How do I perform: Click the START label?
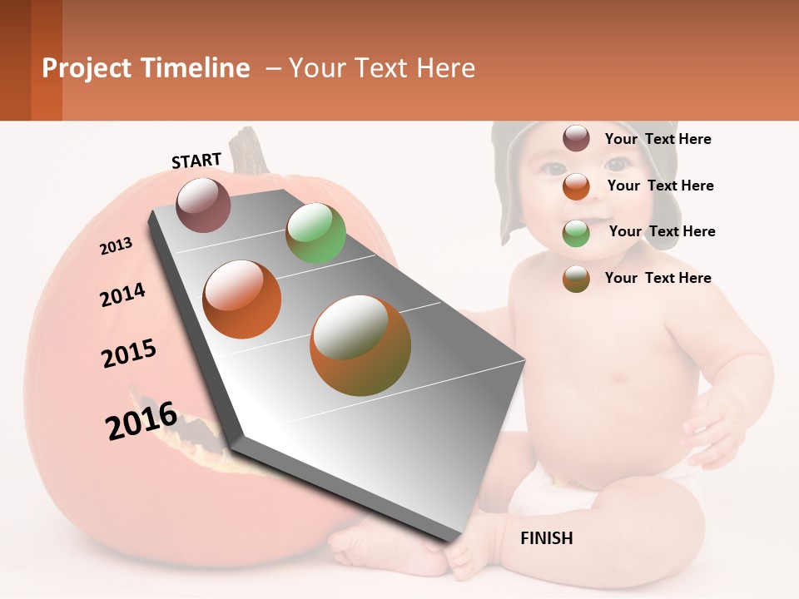[x=196, y=161]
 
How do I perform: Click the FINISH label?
[x=546, y=538]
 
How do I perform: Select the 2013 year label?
[x=116, y=246]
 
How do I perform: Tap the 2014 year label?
[x=122, y=295]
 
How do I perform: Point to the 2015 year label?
[x=129, y=354]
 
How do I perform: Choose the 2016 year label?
[x=141, y=421]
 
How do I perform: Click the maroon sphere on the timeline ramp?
[x=203, y=205]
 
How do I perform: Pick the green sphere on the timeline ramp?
[x=315, y=233]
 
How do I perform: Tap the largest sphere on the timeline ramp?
[x=360, y=345]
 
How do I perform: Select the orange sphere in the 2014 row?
[x=242, y=299]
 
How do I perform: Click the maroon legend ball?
[x=576, y=138]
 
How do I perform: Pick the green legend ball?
[x=576, y=233]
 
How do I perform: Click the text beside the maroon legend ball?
[x=658, y=139]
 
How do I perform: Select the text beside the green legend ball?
[x=662, y=231]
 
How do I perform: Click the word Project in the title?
[x=87, y=68]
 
